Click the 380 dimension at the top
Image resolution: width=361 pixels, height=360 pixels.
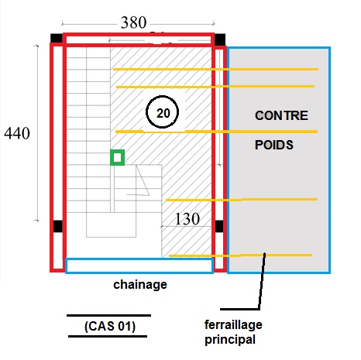click(x=134, y=22)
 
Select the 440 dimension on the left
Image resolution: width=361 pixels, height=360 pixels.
click(x=17, y=133)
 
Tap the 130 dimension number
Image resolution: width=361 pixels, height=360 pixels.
click(x=187, y=219)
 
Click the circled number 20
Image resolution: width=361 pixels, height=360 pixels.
click(x=162, y=112)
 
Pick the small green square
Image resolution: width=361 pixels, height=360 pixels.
click(x=118, y=157)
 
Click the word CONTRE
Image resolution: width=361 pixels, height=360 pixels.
click(x=281, y=115)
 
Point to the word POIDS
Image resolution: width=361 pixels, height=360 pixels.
click(x=274, y=145)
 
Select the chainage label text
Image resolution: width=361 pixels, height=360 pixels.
click(x=140, y=285)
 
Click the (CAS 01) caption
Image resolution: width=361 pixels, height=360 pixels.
click(x=110, y=326)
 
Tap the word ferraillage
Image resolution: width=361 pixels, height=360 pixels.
click(x=233, y=325)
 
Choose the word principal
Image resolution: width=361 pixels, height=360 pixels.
click(x=230, y=340)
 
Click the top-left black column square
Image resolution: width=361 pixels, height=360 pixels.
click(x=57, y=39)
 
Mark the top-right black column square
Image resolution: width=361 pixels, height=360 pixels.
click(x=220, y=39)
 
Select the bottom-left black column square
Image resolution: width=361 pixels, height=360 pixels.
click(x=58, y=226)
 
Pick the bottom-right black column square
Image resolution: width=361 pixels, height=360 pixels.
click(x=219, y=226)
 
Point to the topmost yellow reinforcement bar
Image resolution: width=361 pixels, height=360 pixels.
click(x=215, y=69)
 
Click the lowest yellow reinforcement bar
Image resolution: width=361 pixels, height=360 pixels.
click(x=240, y=255)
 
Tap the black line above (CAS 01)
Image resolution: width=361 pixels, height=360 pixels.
click(x=108, y=315)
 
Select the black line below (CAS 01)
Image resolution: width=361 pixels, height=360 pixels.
click(x=108, y=336)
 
